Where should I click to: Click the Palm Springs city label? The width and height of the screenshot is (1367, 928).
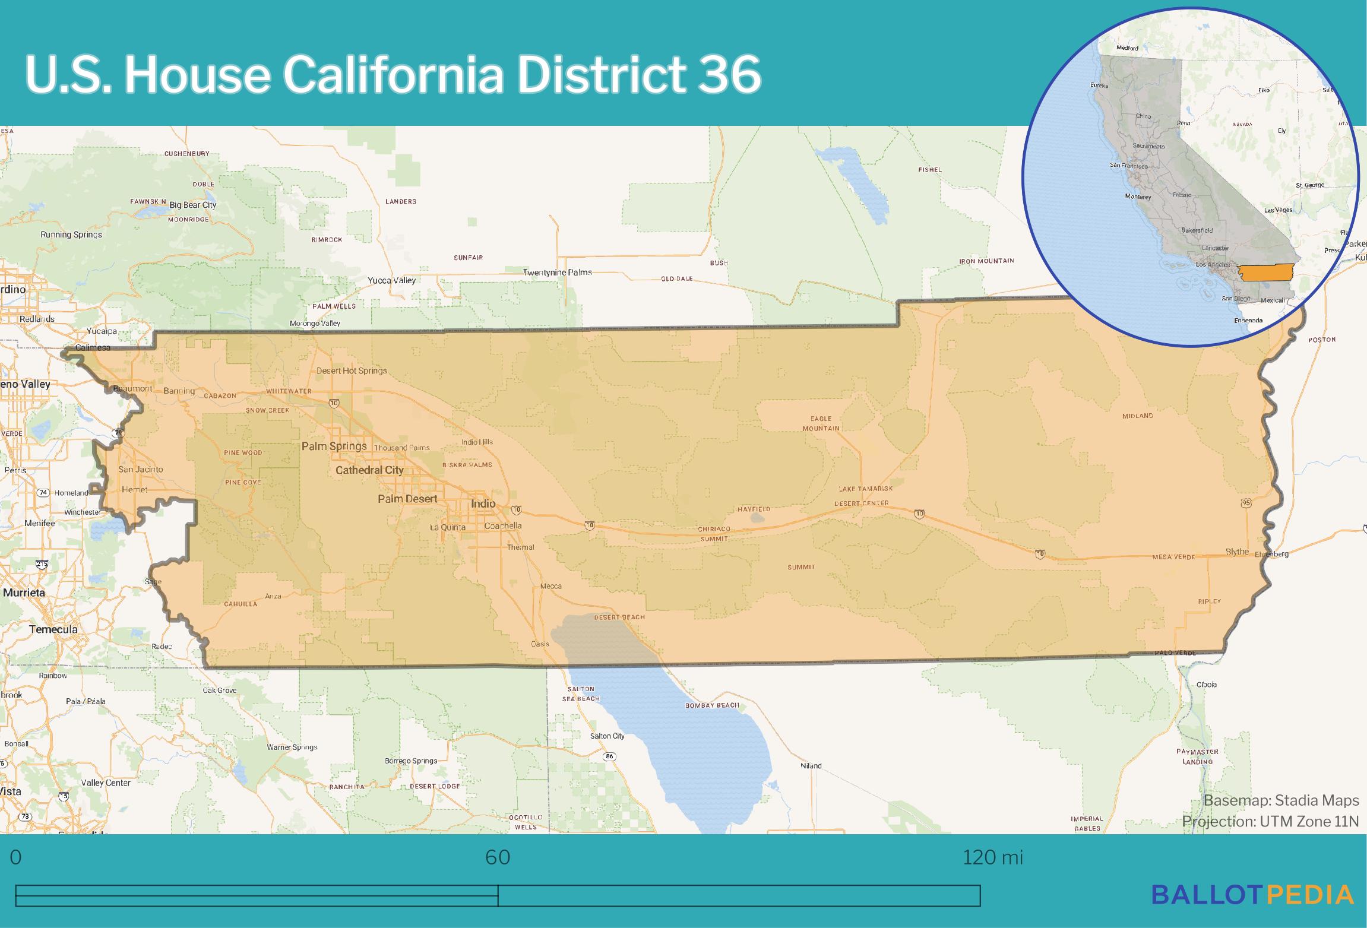coord(334,446)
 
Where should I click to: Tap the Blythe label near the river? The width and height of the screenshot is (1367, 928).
coord(1238,552)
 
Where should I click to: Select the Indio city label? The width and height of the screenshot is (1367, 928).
coord(483,503)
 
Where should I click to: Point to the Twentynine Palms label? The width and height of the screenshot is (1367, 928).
coord(557,272)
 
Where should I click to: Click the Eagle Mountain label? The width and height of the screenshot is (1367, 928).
coord(821,423)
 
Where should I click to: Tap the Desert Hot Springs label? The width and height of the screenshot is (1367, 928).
coord(352,370)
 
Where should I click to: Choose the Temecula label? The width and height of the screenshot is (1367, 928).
coord(53,629)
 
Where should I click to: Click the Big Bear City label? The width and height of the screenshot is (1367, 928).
coord(193,205)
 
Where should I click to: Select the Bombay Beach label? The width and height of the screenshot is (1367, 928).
coord(712,705)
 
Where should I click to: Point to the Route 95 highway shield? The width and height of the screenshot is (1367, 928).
coord(1246,503)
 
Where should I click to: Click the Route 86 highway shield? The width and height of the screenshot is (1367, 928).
coord(609,756)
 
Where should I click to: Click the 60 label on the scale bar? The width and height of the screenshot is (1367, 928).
coord(498,857)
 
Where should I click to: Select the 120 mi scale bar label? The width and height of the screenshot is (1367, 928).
coord(993,857)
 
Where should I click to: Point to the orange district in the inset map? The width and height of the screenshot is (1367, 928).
coord(1268,273)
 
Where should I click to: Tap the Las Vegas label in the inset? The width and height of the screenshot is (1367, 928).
coord(1278,210)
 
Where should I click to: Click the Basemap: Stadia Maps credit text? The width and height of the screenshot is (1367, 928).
coord(1281,800)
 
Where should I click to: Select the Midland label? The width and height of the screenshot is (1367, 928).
coord(1137,416)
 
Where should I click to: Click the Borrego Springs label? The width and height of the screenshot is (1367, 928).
coord(411,761)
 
